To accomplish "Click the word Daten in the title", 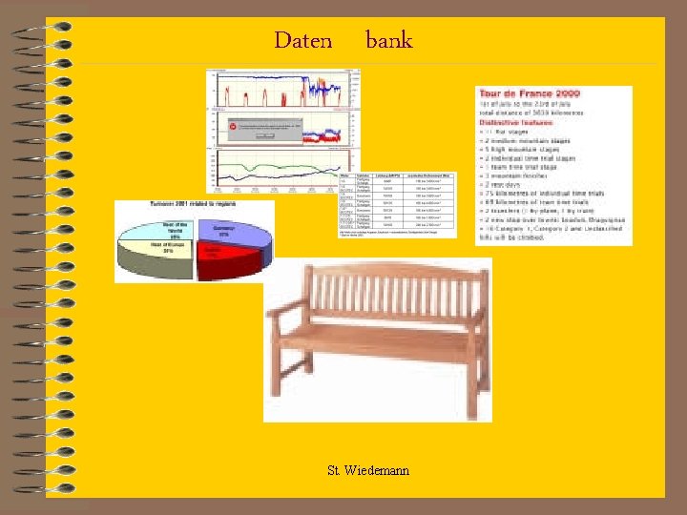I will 302,40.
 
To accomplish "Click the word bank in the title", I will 388,40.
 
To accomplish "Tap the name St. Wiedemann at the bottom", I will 368,470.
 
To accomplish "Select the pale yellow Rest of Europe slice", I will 157,255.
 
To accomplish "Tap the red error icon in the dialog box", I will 232,125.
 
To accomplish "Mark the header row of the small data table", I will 396,176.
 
